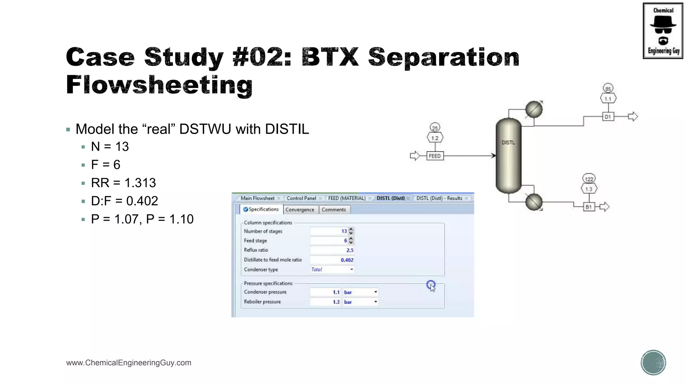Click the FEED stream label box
click(x=434, y=156)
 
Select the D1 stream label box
click(x=608, y=117)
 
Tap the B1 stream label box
click(x=589, y=207)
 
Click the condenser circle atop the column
click(x=534, y=109)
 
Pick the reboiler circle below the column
click(x=534, y=202)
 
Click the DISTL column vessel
click(x=508, y=156)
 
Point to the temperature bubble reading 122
click(x=589, y=179)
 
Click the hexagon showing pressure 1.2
click(x=435, y=138)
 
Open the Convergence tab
click(x=300, y=210)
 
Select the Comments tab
click(x=333, y=210)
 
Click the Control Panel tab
click(x=301, y=198)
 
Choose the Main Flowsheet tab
click(x=258, y=198)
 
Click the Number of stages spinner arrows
click(x=351, y=231)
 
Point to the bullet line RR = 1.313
click(x=123, y=183)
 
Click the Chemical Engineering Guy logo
click(x=663, y=31)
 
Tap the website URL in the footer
click(x=129, y=363)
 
